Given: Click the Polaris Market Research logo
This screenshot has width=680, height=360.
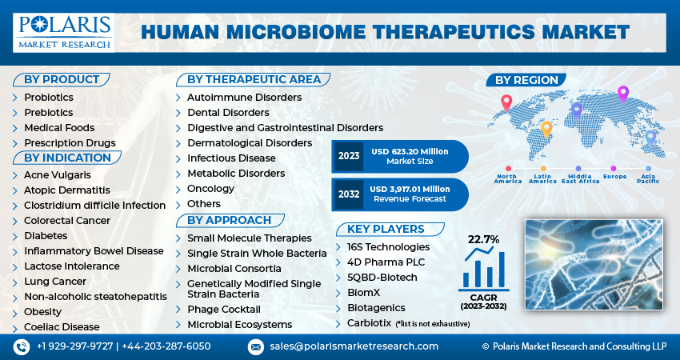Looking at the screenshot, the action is [64, 33].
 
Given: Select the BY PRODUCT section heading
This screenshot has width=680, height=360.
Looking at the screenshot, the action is [62, 79].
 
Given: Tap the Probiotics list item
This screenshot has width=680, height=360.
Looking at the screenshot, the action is [49, 97].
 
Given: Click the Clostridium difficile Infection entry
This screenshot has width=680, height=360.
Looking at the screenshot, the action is [94, 205].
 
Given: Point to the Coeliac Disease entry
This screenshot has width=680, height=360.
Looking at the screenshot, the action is [62, 326].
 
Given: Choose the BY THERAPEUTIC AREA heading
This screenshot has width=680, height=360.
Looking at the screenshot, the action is [254, 79].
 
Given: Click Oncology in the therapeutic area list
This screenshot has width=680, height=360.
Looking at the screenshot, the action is [210, 189].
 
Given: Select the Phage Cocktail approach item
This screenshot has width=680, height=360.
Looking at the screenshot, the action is [224, 310].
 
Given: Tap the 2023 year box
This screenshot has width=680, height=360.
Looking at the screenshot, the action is [349, 156].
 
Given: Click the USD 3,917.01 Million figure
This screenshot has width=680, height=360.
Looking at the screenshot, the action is [410, 189].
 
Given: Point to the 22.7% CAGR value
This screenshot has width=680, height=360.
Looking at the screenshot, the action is [483, 239].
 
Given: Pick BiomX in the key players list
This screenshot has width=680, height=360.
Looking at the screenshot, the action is [363, 292].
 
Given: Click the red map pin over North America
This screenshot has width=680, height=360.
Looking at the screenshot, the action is [506, 102].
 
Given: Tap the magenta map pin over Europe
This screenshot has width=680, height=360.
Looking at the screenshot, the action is [622, 94].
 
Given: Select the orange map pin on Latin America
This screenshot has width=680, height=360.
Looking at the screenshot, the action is [546, 130].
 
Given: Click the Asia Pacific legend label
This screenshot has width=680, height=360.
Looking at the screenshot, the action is [648, 178].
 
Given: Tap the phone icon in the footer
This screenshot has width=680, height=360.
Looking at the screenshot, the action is [22, 347].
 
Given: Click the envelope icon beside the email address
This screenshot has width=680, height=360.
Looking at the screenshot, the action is [256, 347].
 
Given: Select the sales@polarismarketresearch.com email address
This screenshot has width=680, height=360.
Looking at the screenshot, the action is [354, 346].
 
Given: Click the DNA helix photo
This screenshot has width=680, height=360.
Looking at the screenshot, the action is [594, 265].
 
